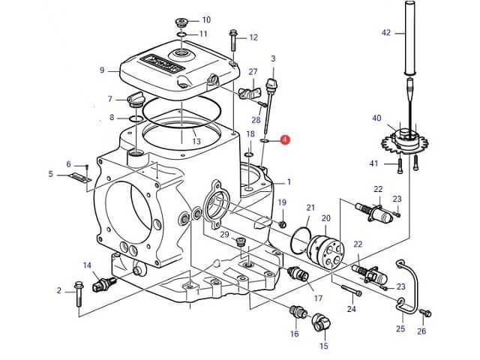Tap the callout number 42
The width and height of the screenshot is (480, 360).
tap(386, 32)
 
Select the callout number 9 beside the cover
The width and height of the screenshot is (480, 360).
tap(103, 70)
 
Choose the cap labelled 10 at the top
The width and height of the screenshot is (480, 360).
tap(181, 19)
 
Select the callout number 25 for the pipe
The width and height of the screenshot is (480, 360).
tap(400, 329)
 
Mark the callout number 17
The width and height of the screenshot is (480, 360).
tap(318, 298)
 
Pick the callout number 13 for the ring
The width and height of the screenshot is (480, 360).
tap(196, 140)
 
